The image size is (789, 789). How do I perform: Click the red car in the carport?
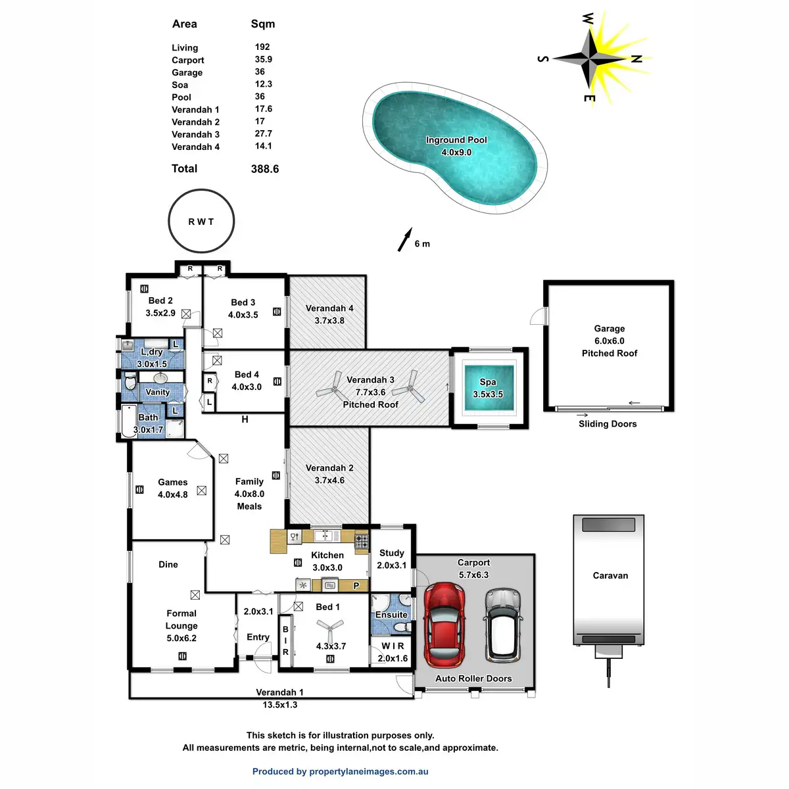click(x=444, y=623)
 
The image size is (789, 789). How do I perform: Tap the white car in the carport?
click(x=502, y=623)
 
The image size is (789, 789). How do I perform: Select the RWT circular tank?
click(x=201, y=221)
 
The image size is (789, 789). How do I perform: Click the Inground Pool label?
click(x=456, y=140)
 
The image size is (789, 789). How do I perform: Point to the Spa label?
click(x=488, y=382)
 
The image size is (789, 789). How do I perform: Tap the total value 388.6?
click(x=265, y=169)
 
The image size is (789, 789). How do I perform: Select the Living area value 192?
click(x=262, y=47)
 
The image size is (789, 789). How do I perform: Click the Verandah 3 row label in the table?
click(x=196, y=135)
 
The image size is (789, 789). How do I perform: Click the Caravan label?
click(x=610, y=576)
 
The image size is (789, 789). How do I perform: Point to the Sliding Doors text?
click(x=608, y=424)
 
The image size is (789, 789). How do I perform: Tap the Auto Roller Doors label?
click(x=473, y=679)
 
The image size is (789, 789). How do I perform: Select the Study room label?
click(x=392, y=553)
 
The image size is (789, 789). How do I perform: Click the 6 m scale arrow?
click(x=404, y=240)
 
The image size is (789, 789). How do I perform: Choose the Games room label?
click(x=173, y=483)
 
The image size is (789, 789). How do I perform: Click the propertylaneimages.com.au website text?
click(x=369, y=772)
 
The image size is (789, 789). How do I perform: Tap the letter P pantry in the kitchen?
click(x=356, y=585)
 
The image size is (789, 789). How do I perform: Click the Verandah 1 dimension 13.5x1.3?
click(x=280, y=705)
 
